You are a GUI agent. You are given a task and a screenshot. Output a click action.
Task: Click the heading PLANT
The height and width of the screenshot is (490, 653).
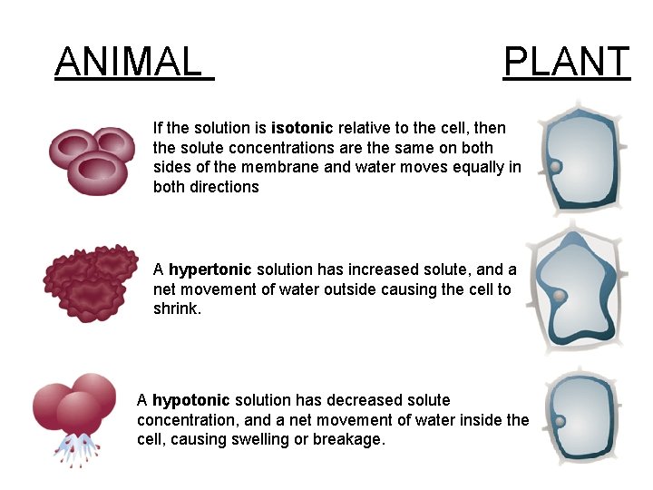pos(566,62)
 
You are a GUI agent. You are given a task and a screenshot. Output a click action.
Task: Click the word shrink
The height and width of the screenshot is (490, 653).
pos(176,309)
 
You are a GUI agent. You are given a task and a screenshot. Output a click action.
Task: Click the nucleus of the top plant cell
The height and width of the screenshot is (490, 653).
pos(555,167)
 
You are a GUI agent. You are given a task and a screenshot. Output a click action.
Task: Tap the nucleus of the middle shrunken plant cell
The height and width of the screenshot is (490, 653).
pos(560,296)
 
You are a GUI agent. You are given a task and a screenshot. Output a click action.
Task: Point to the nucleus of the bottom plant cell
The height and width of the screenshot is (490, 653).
pos(560,421)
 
